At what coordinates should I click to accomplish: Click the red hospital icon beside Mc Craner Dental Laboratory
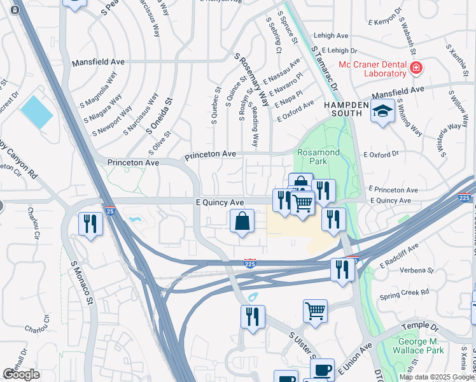[x=416, y=67]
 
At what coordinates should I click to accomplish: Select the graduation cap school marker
[x=382, y=112]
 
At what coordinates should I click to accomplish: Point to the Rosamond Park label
[x=319, y=157]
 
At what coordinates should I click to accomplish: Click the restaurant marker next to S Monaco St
[x=90, y=223]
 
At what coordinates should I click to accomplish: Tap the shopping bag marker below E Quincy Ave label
[x=242, y=222]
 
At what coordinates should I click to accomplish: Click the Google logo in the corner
[x=21, y=374]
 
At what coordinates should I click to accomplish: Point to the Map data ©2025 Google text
[x=437, y=377]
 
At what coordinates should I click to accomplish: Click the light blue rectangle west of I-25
[x=37, y=112]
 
